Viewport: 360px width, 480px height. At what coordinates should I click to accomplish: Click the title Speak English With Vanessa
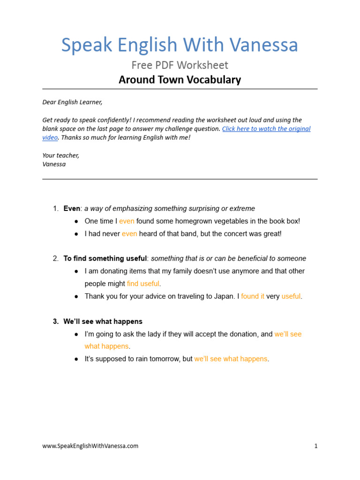[x=180, y=45]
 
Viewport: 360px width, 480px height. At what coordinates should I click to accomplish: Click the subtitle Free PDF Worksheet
[x=180, y=65]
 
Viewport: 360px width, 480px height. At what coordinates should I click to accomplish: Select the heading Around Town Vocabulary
[x=180, y=80]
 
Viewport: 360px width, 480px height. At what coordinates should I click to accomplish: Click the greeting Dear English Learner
[x=72, y=102]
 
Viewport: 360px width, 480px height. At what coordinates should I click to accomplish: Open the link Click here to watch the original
[x=266, y=128]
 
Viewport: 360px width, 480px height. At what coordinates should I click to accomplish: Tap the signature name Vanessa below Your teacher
[x=54, y=164]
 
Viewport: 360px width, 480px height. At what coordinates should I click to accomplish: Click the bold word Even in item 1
[x=72, y=209]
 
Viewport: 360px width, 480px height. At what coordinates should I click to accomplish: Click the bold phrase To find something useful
[x=105, y=258]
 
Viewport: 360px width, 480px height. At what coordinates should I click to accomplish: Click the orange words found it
[x=253, y=296]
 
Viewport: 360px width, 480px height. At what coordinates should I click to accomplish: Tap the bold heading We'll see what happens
[x=103, y=322]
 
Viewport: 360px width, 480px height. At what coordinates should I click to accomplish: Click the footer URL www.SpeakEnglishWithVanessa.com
[x=90, y=446]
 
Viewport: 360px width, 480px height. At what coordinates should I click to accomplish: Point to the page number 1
[x=316, y=446]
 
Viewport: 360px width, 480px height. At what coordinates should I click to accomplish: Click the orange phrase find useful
[x=143, y=284]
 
